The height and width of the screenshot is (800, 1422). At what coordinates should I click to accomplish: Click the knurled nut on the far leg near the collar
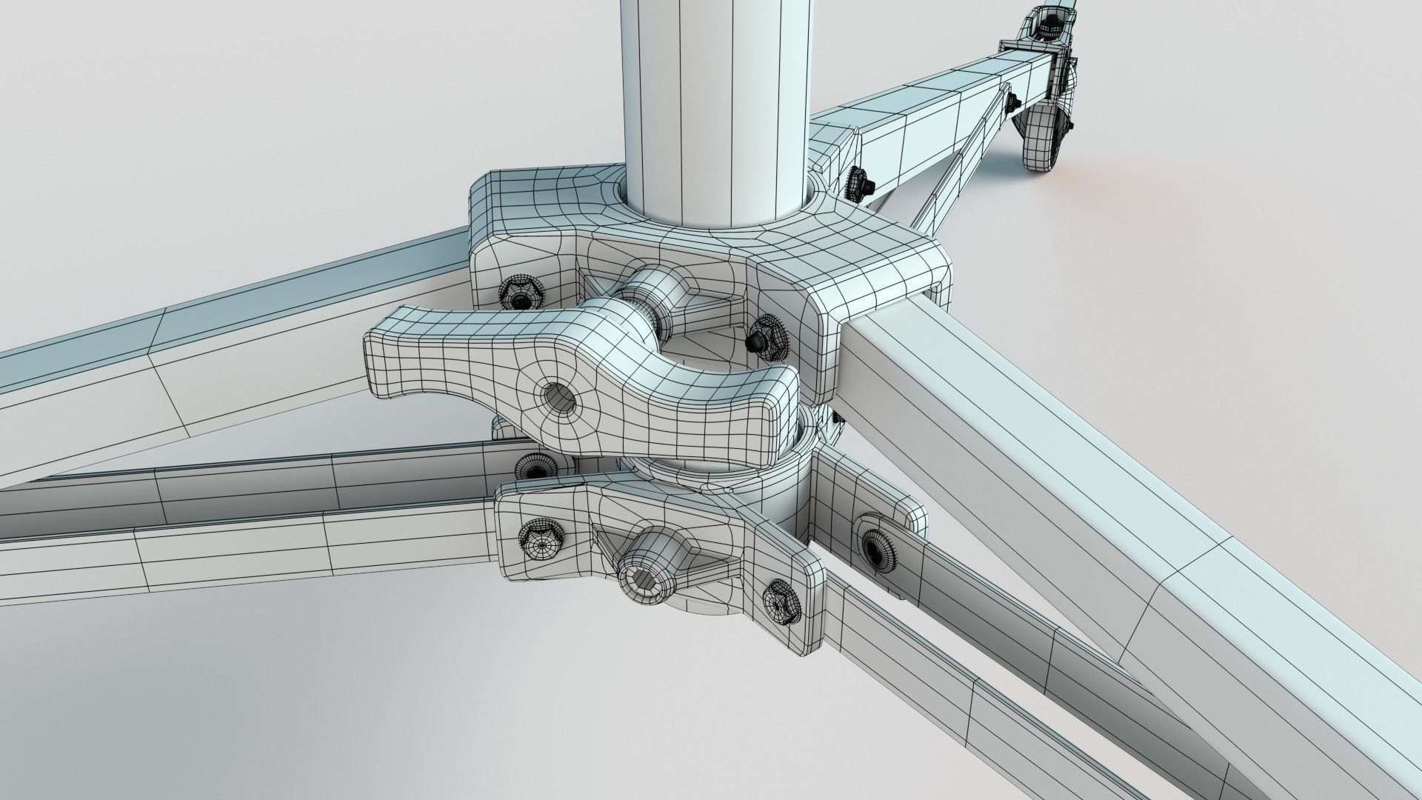[x=859, y=182]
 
